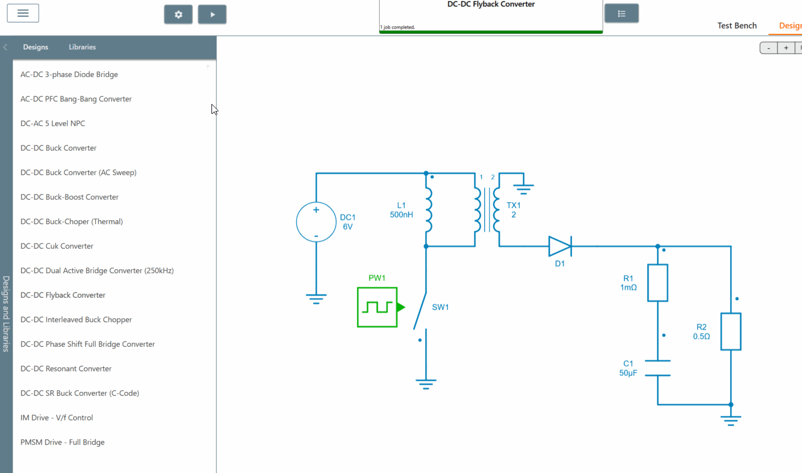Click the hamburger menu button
23,13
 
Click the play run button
212,15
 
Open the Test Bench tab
737,26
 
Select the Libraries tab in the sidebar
82,47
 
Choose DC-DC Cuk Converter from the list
57,246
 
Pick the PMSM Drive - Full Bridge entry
63,442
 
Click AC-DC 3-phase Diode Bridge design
69,74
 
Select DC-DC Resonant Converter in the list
65,368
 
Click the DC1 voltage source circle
316,222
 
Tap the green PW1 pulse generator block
377,307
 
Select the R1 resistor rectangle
658,283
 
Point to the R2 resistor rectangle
731,332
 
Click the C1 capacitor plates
658,368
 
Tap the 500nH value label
401,214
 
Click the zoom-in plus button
786,48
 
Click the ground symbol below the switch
426,384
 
